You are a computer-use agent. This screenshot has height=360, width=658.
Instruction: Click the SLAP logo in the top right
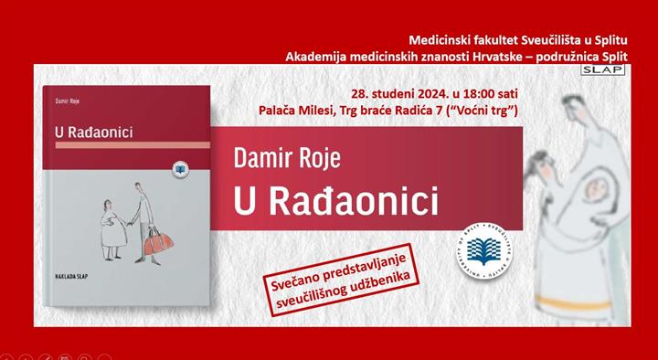pyautogui.click(x=609, y=70)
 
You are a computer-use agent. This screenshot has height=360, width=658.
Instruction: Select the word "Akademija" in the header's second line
pyautogui.click(x=319, y=56)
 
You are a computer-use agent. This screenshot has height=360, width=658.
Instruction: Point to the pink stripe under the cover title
pyautogui.click(x=133, y=146)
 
